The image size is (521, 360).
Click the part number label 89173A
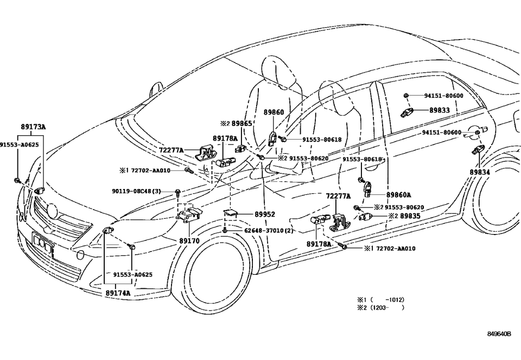click(x=33, y=127)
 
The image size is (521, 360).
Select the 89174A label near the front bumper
click(x=118, y=293)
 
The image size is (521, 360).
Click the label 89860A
click(x=398, y=195)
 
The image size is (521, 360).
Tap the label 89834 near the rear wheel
click(x=480, y=172)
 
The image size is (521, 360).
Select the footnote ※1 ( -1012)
click(x=380, y=300)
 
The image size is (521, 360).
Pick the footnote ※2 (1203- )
click(x=380, y=308)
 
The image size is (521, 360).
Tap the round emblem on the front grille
click(x=52, y=210)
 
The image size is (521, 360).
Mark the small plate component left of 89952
click(x=230, y=213)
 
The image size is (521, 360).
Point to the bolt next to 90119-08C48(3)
click(x=177, y=192)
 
